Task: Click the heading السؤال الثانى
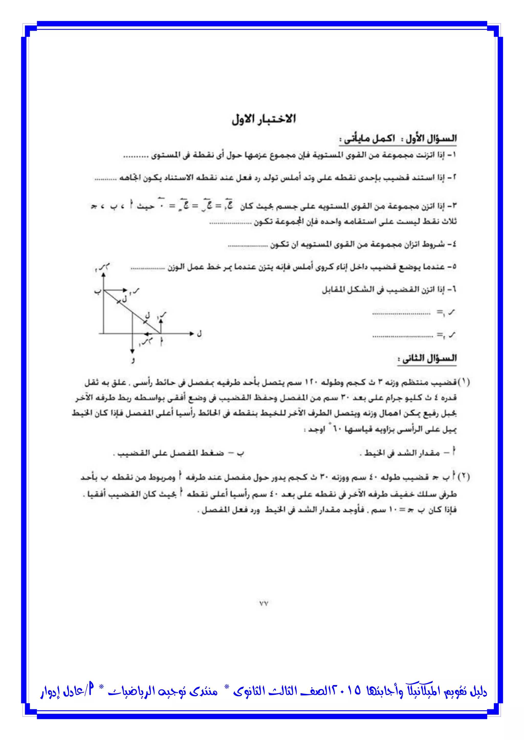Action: click(x=427, y=359)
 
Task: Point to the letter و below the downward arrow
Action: click(x=133, y=360)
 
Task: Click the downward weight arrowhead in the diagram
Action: click(x=132, y=351)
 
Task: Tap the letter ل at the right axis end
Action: click(x=199, y=333)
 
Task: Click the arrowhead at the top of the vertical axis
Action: click(x=103, y=274)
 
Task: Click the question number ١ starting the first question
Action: click(x=453, y=155)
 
